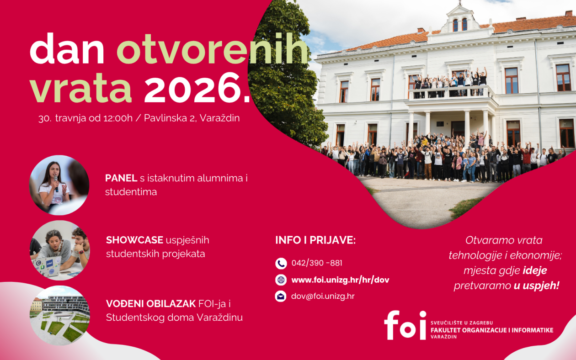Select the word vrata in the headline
click(81, 88)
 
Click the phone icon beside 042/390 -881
click(281, 263)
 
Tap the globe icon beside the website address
click(281, 280)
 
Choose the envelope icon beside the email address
click(281, 296)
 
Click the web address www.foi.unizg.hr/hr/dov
click(340, 280)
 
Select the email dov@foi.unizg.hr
click(323, 296)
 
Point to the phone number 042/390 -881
click(317, 263)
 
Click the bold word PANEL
click(121, 178)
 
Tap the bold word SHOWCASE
click(134, 240)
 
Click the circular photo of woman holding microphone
click(59, 185)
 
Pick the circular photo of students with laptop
click(60, 250)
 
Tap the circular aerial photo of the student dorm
click(60, 315)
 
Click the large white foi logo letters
click(405, 325)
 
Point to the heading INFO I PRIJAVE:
click(315, 240)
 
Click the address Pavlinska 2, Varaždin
click(192, 118)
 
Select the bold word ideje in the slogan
click(534, 270)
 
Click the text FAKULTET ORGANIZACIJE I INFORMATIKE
click(492, 330)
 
